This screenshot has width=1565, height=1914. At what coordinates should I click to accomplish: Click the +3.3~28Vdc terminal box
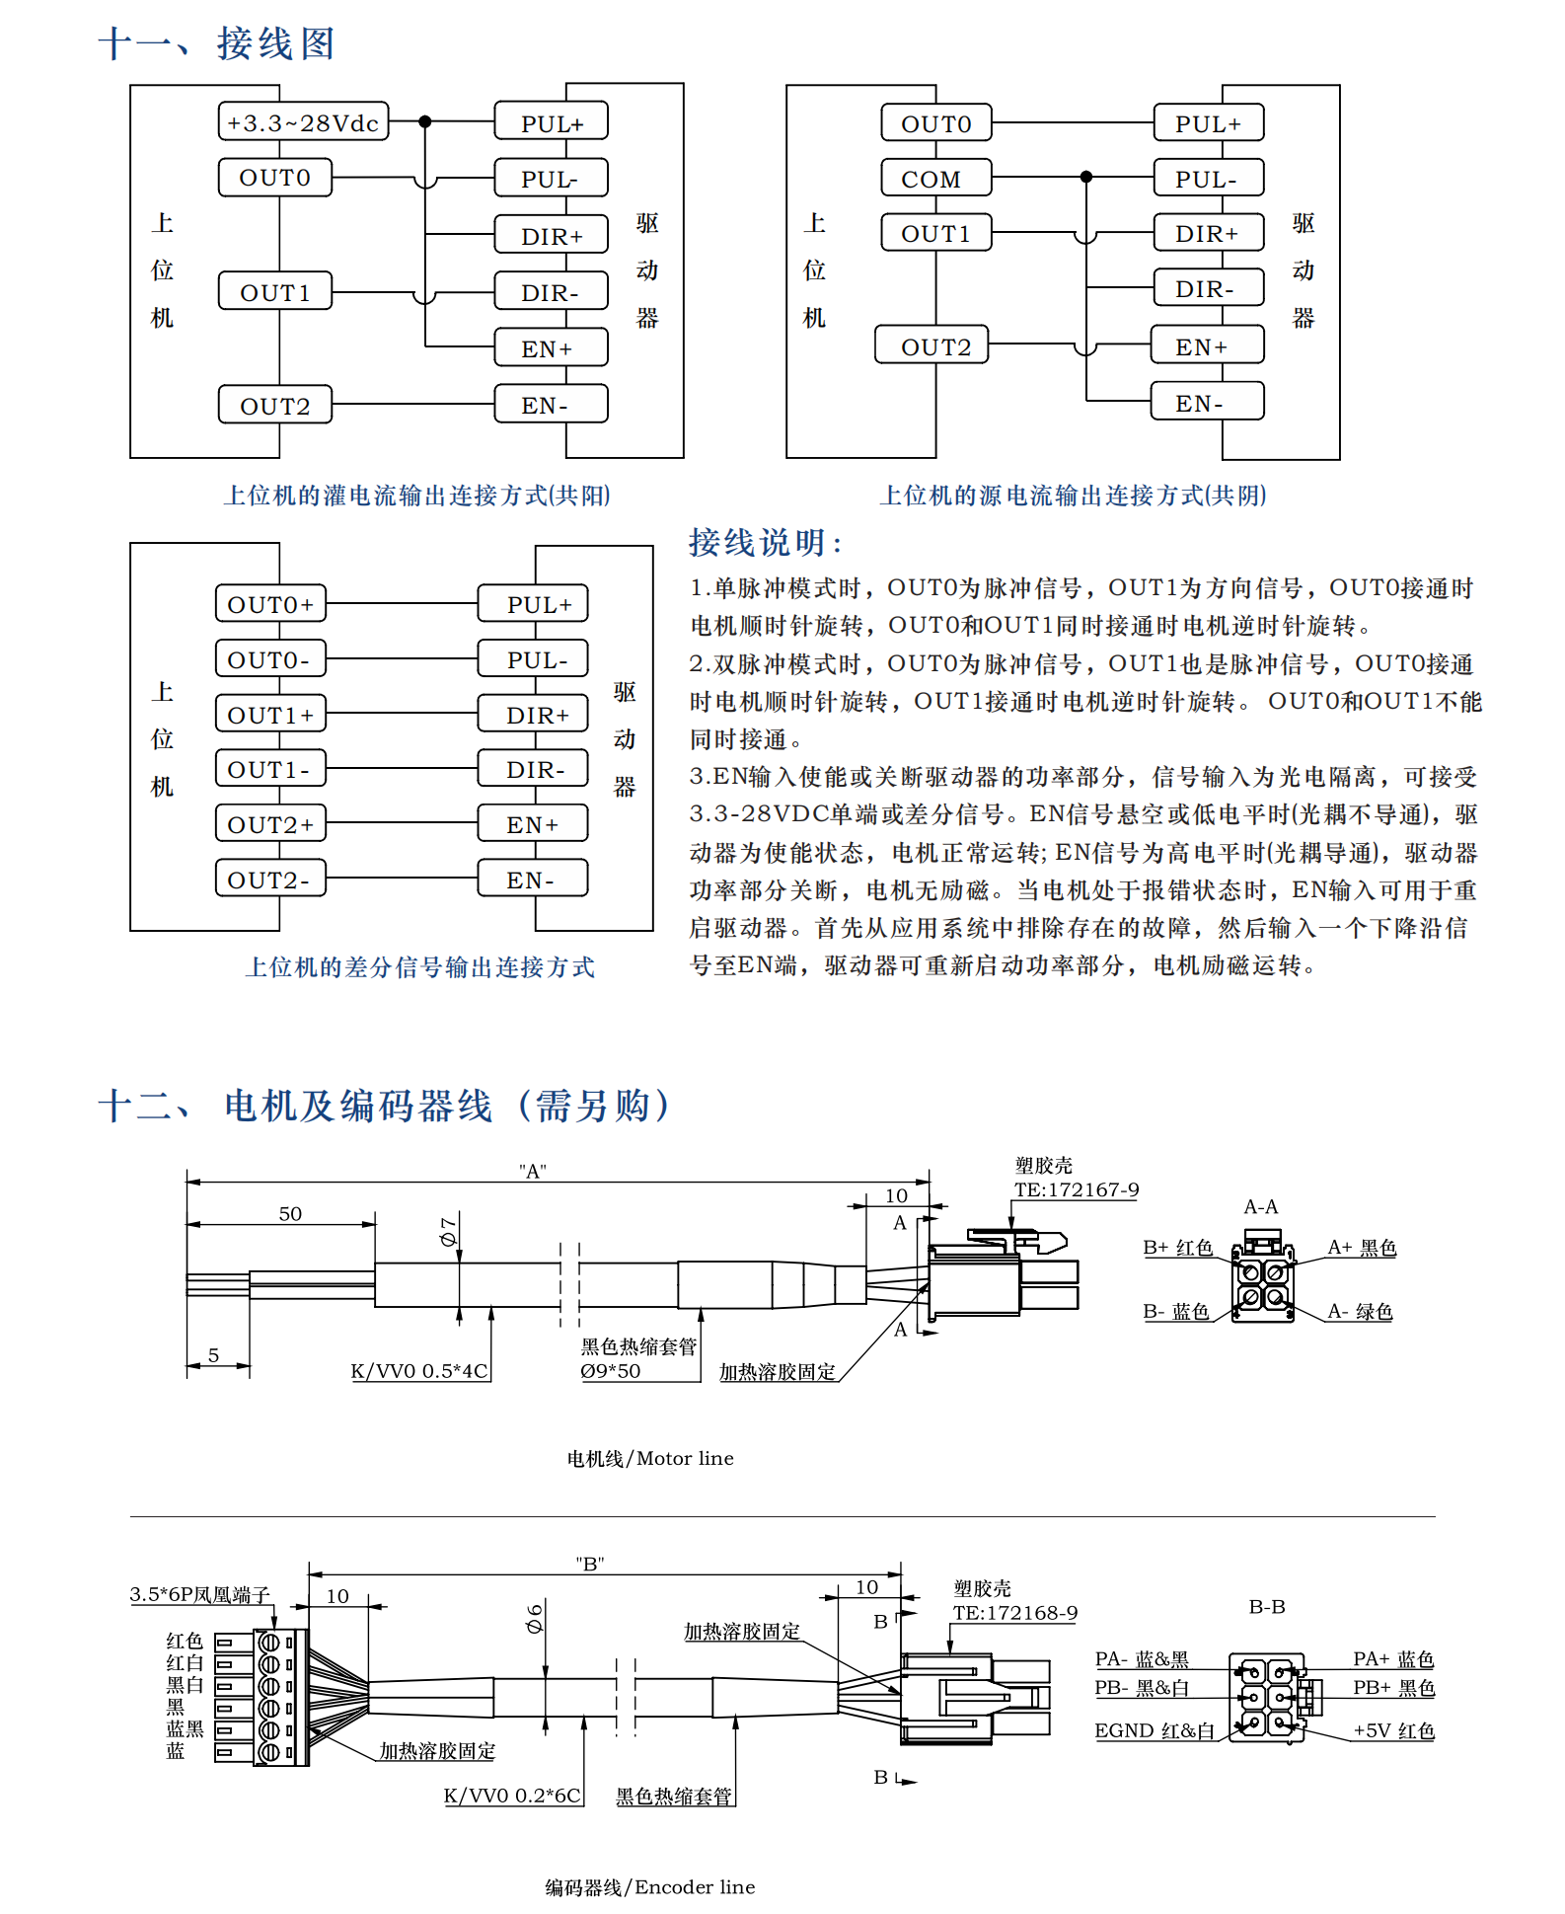[x=303, y=122]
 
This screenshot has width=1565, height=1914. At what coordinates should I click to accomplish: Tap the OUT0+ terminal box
[x=270, y=604]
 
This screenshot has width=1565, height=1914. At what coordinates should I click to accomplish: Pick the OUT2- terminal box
[x=270, y=879]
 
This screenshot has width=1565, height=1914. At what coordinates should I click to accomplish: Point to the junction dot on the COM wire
[x=1086, y=177]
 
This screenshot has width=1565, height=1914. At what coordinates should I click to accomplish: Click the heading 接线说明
[x=766, y=543]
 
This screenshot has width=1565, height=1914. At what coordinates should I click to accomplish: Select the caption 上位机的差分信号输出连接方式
[x=420, y=967]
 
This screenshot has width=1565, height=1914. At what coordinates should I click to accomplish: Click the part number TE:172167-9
[x=1077, y=1190]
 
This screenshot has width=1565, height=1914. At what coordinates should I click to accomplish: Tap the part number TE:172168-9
[x=1015, y=1613]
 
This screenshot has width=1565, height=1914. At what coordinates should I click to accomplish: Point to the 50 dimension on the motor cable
[x=290, y=1214]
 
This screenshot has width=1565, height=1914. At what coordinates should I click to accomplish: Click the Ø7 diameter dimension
[x=449, y=1231]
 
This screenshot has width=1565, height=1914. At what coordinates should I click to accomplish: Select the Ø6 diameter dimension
[x=535, y=1618]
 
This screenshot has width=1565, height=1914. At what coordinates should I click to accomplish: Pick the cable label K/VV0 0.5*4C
[x=419, y=1371]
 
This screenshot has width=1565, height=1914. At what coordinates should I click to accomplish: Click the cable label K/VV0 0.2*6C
[x=512, y=1796]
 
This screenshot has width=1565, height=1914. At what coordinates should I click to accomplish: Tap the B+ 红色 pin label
[x=1177, y=1248]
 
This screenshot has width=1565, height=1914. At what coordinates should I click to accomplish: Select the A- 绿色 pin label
[x=1360, y=1312]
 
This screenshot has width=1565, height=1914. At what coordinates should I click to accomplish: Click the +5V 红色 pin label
[x=1393, y=1730]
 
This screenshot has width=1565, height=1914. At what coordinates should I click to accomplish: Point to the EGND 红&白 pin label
[x=1155, y=1730]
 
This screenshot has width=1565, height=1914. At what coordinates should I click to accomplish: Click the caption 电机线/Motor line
[x=650, y=1459]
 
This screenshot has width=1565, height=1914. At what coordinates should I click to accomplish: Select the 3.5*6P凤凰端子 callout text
[x=199, y=1595]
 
